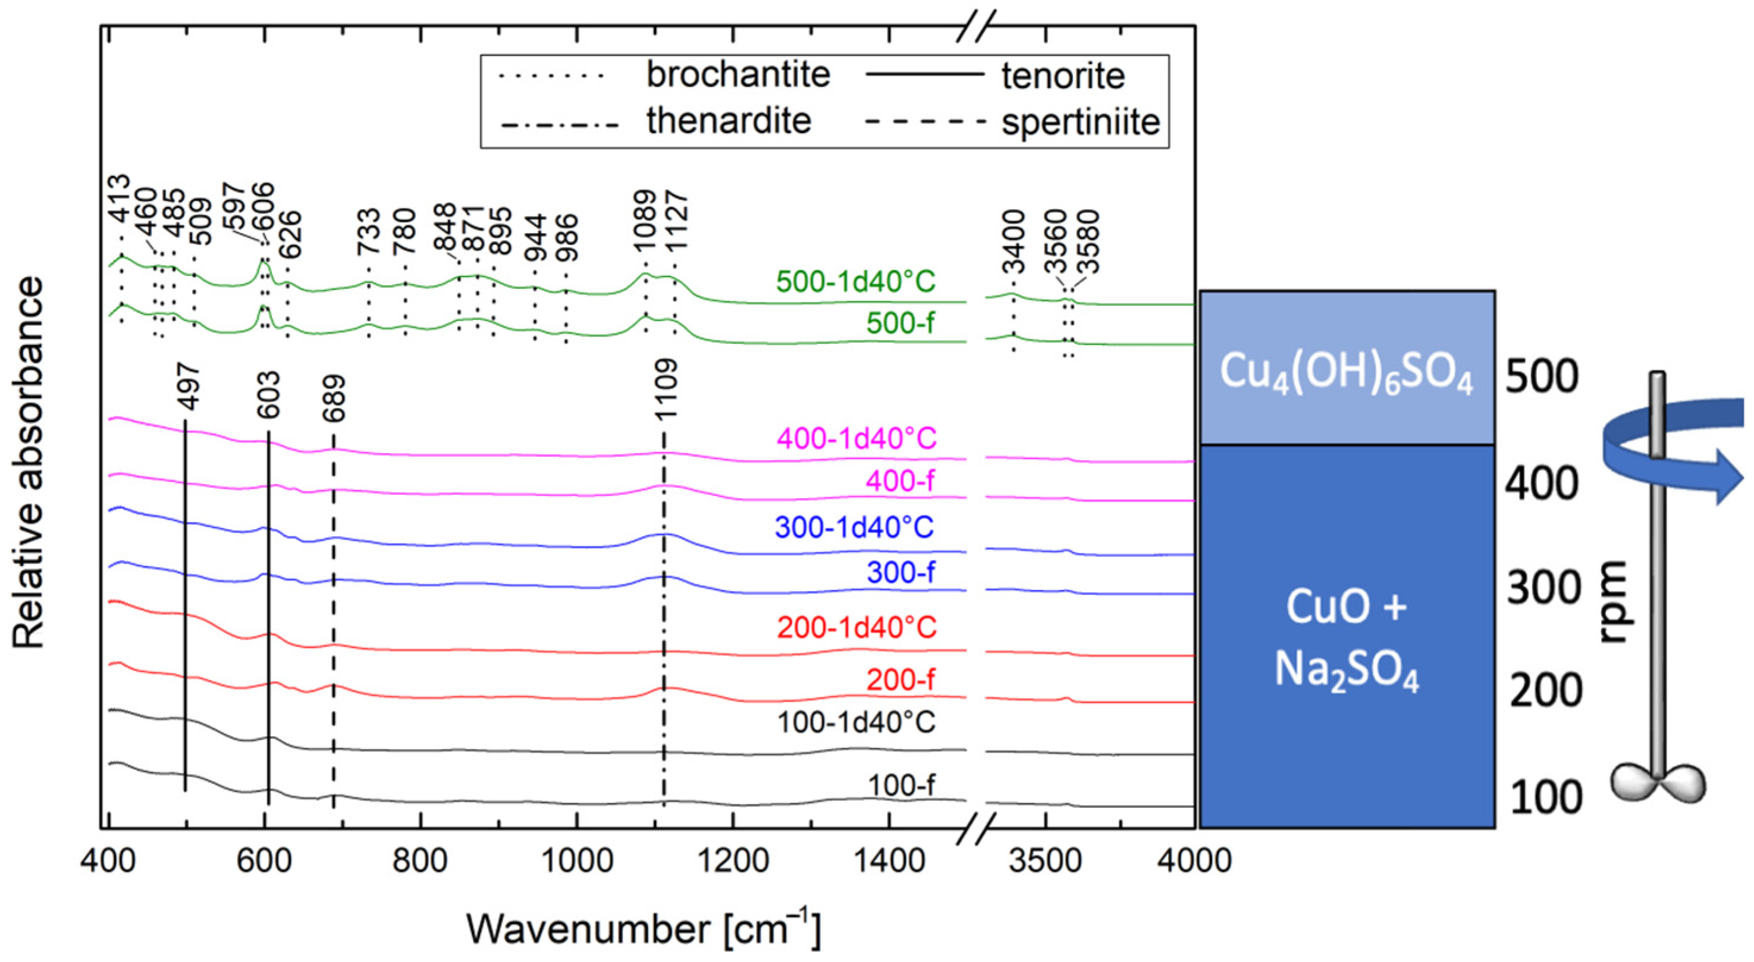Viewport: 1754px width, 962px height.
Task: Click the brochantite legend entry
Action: pos(738,75)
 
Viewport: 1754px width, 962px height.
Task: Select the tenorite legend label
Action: pos(1062,76)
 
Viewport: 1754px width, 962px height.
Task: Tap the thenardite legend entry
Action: pos(729,122)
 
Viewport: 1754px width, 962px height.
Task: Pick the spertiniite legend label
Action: pos(1080,122)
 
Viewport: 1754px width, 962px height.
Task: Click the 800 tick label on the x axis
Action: pos(420,860)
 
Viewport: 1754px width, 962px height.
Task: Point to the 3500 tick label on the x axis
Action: pos(1044,860)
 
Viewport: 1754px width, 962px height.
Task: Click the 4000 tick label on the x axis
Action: pos(1194,860)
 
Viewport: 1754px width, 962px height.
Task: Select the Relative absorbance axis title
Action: pos(29,463)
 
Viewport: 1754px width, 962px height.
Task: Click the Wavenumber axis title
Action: pos(644,929)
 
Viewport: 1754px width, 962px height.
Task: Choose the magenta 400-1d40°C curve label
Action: pos(856,438)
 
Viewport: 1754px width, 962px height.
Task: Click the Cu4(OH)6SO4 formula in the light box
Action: pos(1345,375)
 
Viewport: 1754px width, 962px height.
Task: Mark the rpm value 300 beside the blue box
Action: pos(1543,588)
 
